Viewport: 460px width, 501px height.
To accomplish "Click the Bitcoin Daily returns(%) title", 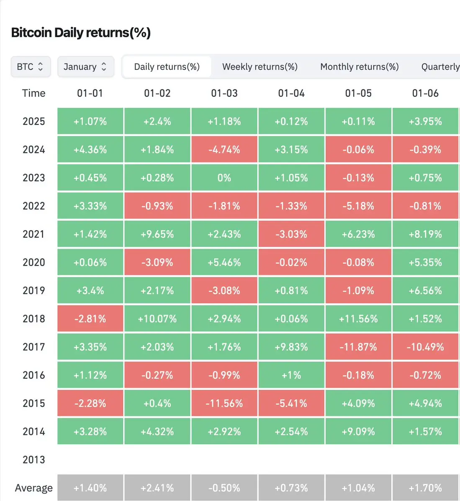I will pos(81,33).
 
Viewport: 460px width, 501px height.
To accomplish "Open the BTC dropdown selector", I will pos(31,67).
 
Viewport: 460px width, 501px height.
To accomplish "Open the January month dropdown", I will pos(85,67).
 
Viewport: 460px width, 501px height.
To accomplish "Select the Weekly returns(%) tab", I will pos(260,67).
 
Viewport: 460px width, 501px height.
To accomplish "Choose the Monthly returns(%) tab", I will pos(359,67).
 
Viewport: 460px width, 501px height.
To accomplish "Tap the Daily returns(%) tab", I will pos(167,67).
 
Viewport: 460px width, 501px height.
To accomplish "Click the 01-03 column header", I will pos(224,93).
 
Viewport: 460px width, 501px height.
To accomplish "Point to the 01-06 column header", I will pos(425,93).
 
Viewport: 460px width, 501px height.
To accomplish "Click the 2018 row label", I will pos(33,319).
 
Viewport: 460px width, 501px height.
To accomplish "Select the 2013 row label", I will pos(33,460).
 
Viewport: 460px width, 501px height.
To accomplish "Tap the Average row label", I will pos(33,488).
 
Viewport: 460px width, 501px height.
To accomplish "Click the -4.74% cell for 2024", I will pos(224,150).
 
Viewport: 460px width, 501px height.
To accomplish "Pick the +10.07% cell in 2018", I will pos(157,319).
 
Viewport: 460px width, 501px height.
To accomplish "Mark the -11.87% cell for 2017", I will pos(358,347).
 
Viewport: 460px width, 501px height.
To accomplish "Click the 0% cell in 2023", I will pos(224,178).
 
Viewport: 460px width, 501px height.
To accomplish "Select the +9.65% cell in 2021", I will pos(157,234).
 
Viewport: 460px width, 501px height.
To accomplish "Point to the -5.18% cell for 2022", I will pos(358,206).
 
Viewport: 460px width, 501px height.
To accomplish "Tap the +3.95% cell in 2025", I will pos(425,121).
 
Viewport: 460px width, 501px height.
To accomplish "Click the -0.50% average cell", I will pos(224,488).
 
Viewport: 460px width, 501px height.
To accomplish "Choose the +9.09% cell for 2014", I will pos(358,432).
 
